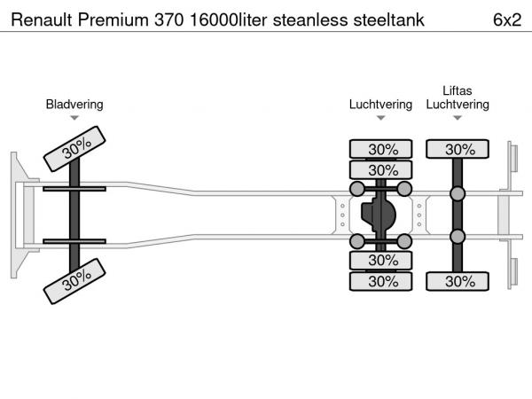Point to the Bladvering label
[74, 104]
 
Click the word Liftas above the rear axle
[458, 90]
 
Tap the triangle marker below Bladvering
[74, 118]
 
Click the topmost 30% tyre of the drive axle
[381, 148]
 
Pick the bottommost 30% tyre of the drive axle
[381, 281]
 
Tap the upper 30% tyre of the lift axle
[458, 148]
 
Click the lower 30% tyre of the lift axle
[458, 281]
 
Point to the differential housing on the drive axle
[379, 215]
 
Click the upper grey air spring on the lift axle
[458, 194]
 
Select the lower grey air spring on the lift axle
[458, 236]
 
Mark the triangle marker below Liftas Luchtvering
[458, 118]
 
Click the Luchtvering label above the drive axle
[380, 104]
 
